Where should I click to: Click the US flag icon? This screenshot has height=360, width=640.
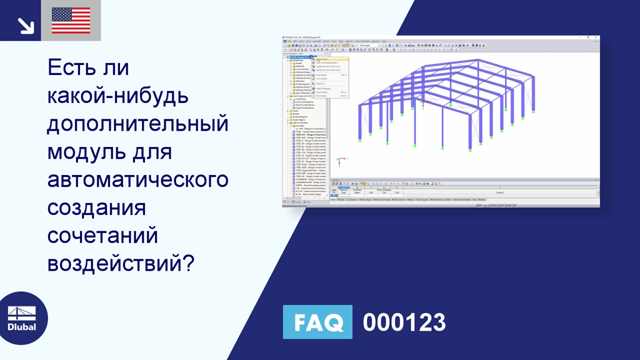click(71, 21)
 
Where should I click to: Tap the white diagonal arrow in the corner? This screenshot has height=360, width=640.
click(26, 26)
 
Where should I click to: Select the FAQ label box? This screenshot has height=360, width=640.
click(317, 322)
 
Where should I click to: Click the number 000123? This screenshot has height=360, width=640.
click(404, 322)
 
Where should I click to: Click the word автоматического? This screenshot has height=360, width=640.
click(138, 180)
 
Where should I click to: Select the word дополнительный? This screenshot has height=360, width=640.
click(138, 124)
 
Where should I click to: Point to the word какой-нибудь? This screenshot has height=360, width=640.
click(117, 96)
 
